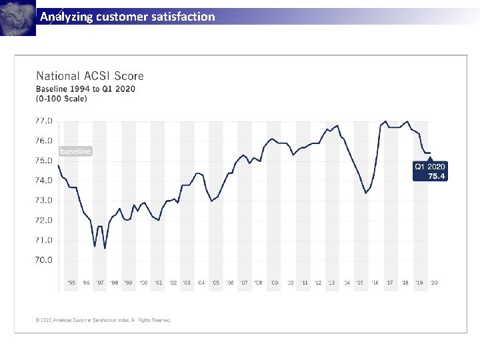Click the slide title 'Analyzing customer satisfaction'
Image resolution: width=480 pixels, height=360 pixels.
(x=127, y=17)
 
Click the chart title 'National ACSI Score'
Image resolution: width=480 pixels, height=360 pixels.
(x=89, y=76)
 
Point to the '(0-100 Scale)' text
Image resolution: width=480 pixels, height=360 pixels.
(x=61, y=99)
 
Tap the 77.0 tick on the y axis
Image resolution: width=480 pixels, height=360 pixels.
(x=43, y=121)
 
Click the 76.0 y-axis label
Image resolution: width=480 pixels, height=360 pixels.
(x=43, y=141)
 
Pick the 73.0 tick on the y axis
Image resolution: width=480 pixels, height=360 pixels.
(x=43, y=200)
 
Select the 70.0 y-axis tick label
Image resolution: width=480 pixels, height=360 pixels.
(x=43, y=260)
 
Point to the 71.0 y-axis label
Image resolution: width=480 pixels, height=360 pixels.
(x=43, y=240)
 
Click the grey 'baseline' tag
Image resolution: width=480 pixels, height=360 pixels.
(x=75, y=151)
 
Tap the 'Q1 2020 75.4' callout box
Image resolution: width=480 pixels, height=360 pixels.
(x=430, y=171)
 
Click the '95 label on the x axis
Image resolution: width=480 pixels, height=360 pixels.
(x=72, y=283)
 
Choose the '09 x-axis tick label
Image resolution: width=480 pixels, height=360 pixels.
(x=275, y=283)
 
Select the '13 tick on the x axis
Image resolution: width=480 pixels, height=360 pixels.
(x=332, y=283)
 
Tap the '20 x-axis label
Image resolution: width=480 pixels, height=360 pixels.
(x=433, y=283)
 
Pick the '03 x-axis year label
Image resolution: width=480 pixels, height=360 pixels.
(x=187, y=283)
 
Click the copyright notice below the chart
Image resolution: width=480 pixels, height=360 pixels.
(x=103, y=320)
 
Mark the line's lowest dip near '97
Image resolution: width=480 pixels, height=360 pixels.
(x=105, y=249)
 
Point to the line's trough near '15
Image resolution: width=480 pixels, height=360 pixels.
(x=365, y=193)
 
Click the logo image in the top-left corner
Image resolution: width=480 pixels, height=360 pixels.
(x=18, y=18)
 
